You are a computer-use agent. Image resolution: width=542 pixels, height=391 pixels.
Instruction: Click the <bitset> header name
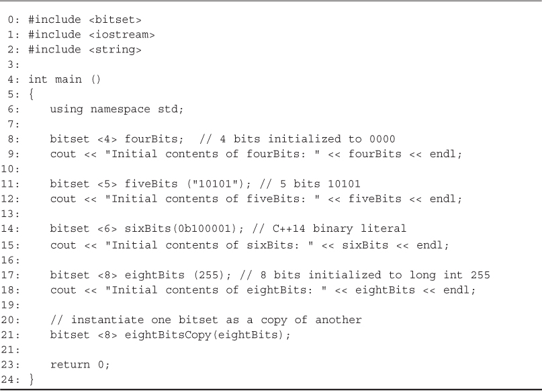[115, 19]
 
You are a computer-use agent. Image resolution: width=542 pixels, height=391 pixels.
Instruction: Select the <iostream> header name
[122, 34]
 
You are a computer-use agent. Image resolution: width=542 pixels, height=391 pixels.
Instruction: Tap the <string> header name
[115, 50]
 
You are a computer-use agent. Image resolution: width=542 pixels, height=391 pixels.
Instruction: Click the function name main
[69, 79]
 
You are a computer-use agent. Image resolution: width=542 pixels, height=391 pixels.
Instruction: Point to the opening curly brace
[32, 94]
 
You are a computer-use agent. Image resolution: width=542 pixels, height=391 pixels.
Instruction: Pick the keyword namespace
[120, 110]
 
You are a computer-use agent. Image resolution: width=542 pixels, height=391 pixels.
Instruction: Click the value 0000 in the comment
[382, 139]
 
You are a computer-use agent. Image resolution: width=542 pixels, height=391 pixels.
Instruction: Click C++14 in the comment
[289, 228]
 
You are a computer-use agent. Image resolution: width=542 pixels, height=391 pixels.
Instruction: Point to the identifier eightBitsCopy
[168, 335]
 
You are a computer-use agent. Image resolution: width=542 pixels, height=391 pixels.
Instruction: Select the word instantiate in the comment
[107, 320]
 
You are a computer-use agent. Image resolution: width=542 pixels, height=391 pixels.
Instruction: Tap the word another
[338, 320]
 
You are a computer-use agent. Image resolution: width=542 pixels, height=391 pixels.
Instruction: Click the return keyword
[70, 365]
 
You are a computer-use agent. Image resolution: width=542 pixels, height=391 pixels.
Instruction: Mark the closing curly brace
[32, 380]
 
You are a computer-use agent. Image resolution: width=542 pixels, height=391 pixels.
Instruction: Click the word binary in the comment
[333, 229]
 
